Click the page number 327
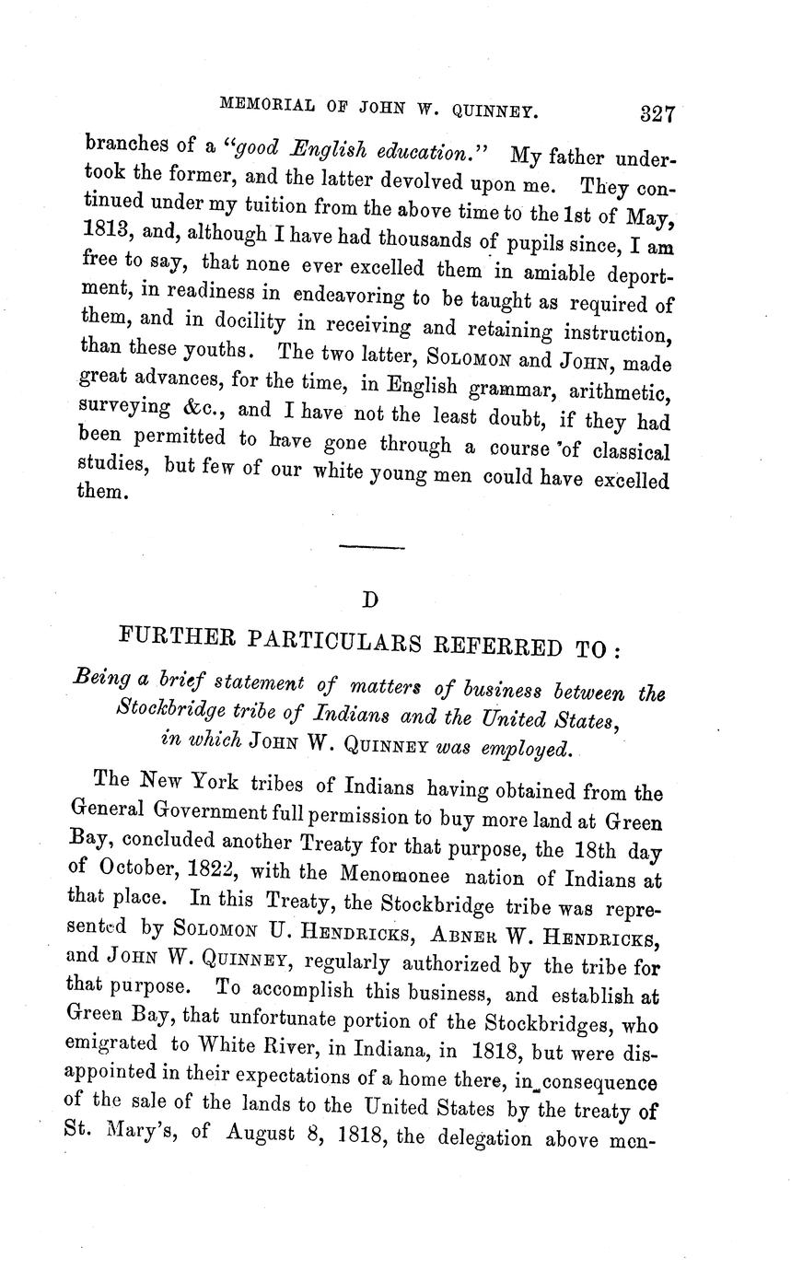coord(657,114)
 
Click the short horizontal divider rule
coord(372,548)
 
